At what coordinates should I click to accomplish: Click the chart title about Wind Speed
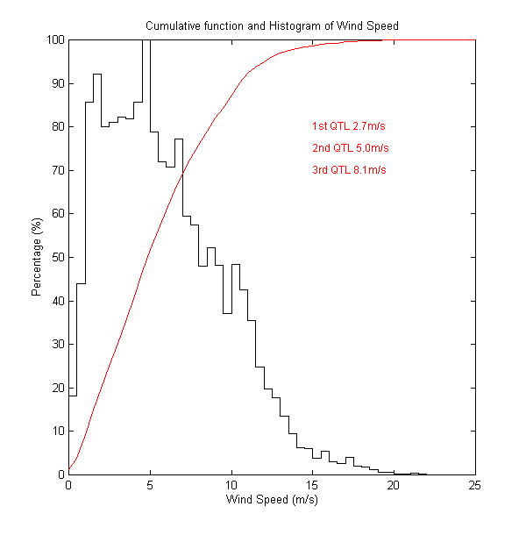(x=272, y=26)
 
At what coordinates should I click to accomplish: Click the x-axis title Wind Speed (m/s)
(x=272, y=501)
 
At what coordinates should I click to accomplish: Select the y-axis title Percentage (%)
(x=37, y=257)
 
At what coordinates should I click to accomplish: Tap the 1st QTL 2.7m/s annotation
(x=350, y=126)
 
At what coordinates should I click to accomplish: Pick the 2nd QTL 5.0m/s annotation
(x=350, y=147)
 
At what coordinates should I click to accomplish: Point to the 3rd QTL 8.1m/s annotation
(x=350, y=169)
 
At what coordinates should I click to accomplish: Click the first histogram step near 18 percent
(x=73, y=396)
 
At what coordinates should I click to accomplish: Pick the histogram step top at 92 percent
(x=97, y=75)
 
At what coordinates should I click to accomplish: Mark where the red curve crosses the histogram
(x=182, y=174)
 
